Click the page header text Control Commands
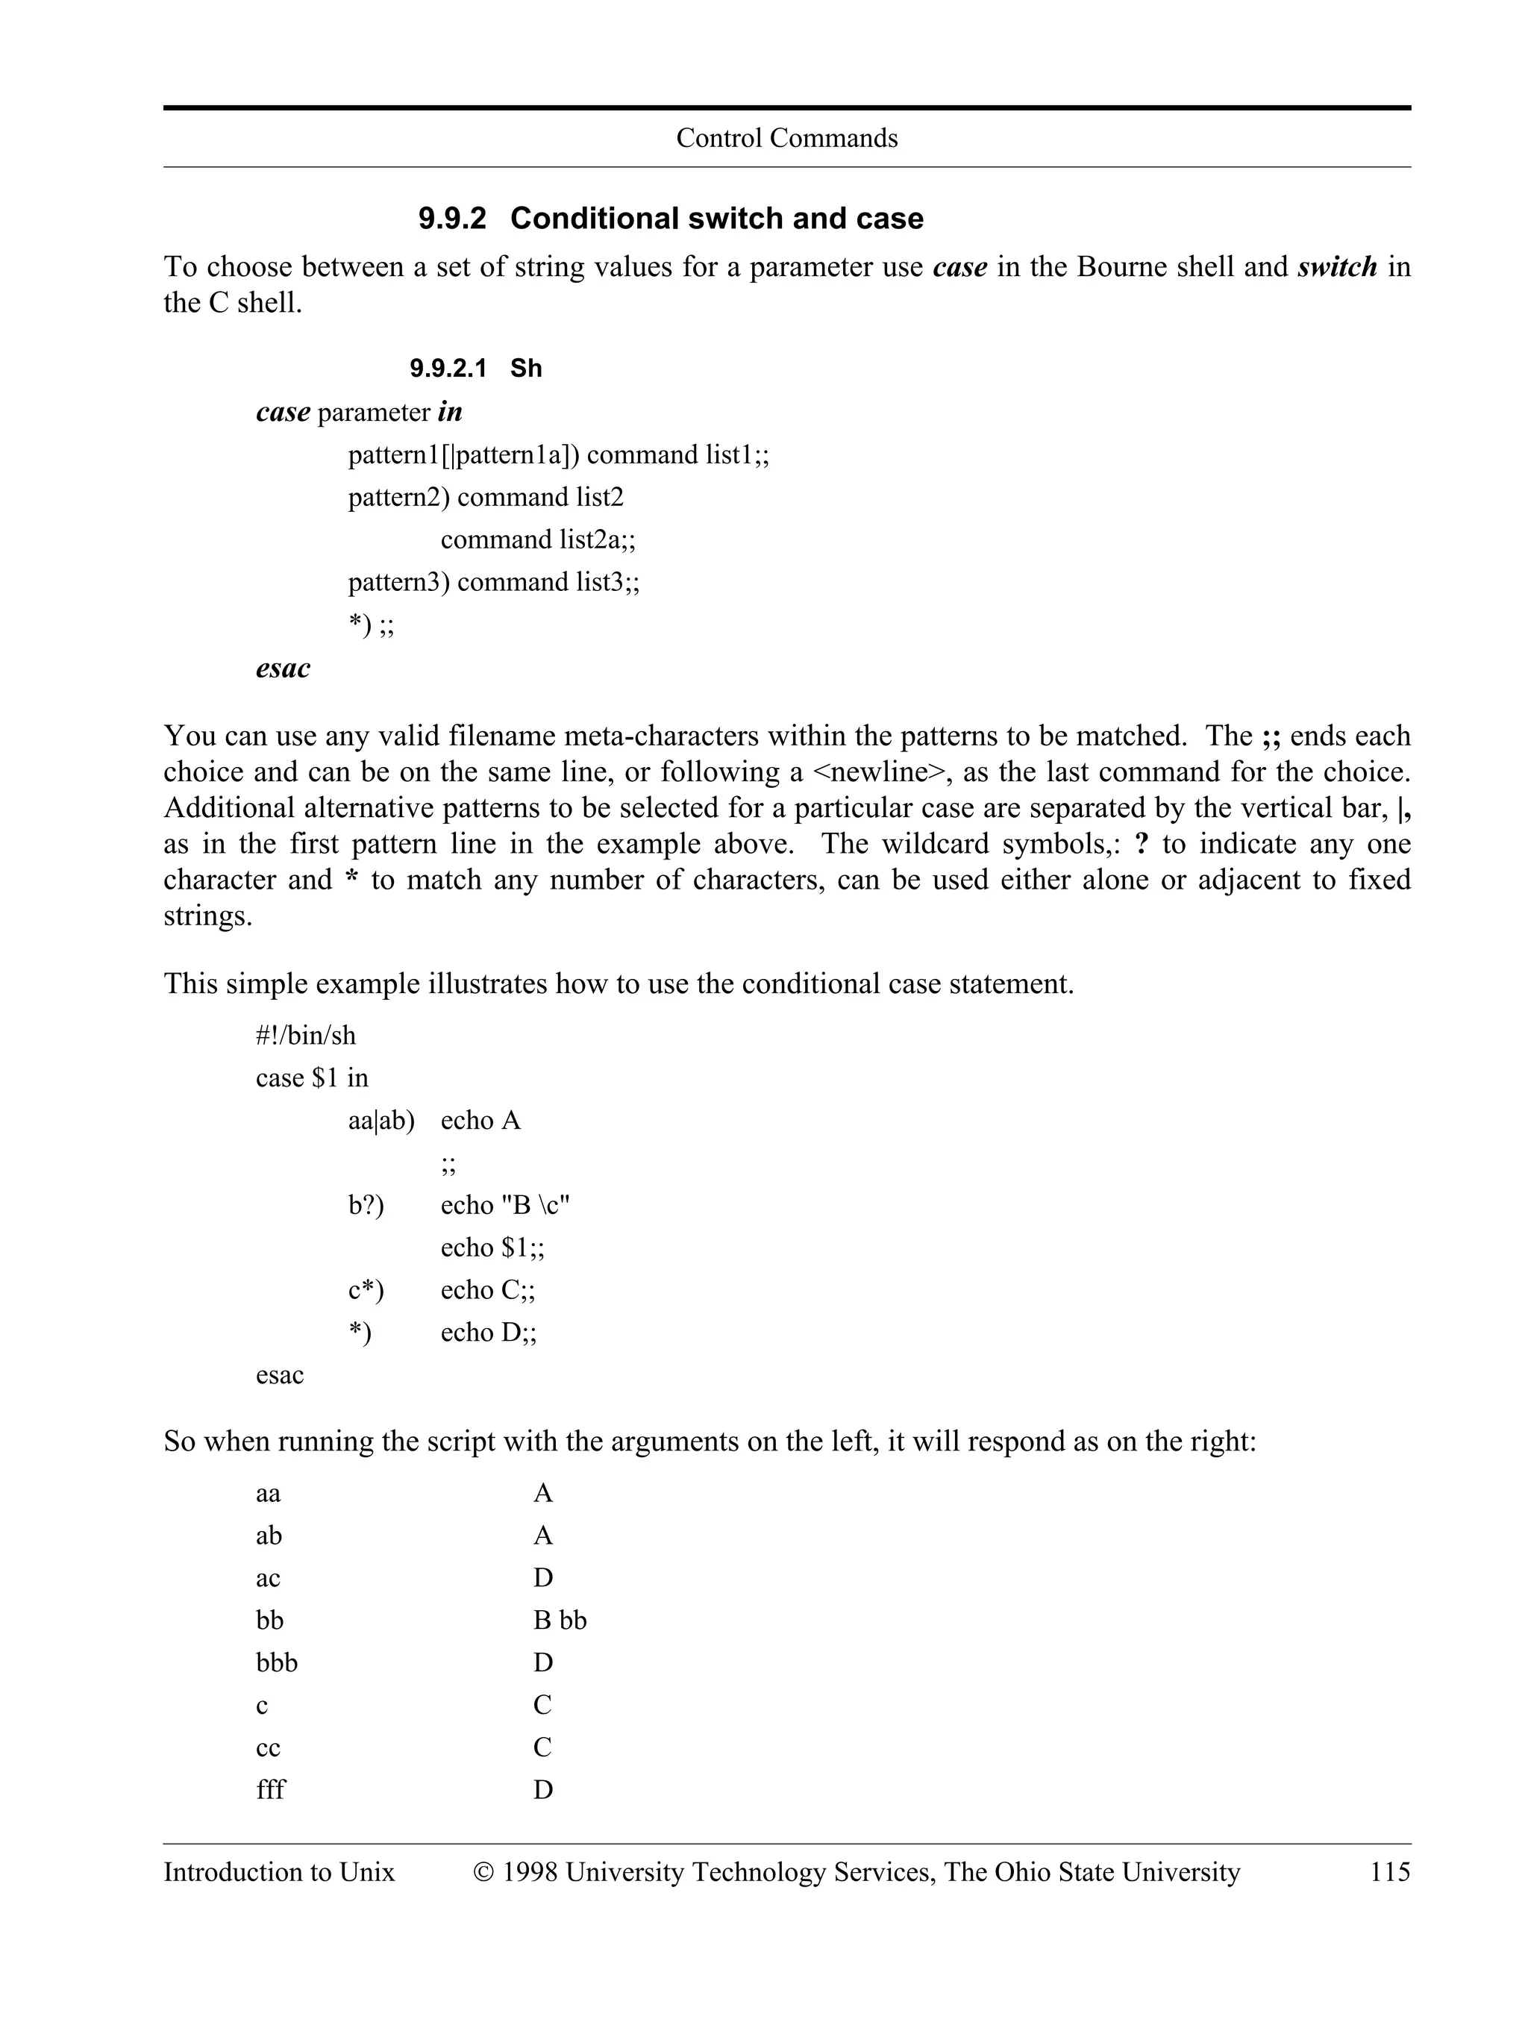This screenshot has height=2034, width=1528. (786, 138)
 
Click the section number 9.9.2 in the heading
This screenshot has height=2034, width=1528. (451, 219)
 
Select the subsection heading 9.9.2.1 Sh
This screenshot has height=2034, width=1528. (475, 369)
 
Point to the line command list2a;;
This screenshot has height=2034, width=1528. (538, 539)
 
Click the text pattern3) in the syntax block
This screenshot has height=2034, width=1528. (398, 582)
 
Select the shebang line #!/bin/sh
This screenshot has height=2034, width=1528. (305, 1036)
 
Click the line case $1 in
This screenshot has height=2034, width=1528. (312, 1079)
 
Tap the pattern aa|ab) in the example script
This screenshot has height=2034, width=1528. (381, 1121)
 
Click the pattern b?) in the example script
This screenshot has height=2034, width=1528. (366, 1206)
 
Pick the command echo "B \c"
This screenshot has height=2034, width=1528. (505, 1206)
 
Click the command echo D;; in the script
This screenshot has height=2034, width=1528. (488, 1333)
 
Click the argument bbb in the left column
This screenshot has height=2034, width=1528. (277, 1662)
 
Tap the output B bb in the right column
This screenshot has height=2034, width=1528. (559, 1620)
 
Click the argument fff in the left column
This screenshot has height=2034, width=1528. (270, 1789)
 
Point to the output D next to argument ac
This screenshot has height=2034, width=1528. (542, 1578)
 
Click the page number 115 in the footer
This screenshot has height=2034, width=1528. (1389, 1872)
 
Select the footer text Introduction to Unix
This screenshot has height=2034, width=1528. (278, 1872)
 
